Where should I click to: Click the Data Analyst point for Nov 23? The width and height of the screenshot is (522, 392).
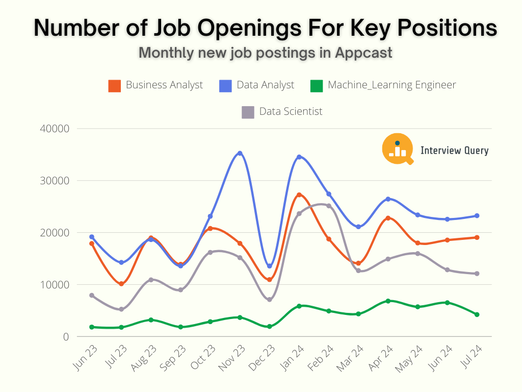tap(240, 153)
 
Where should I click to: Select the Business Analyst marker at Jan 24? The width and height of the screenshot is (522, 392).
tap(299, 195)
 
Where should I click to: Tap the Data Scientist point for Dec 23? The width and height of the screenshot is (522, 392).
tap(270, 300)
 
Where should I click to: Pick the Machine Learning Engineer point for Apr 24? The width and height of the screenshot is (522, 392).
tap(388, 301)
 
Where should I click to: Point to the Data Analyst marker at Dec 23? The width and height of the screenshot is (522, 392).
tap(270, 266)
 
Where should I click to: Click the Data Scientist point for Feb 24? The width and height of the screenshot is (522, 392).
tap(329, 206)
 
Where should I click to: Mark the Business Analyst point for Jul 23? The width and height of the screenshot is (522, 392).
tap(121, 284)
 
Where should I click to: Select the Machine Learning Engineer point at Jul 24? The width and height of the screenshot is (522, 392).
tap(477, 314)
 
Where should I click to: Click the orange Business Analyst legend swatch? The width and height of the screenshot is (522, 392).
tap(115, 86)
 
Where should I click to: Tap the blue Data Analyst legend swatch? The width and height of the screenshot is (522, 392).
tap(225, 86)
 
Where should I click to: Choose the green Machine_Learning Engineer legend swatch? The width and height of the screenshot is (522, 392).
tap(317, 86)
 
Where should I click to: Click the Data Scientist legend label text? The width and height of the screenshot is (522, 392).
tap(291, 111)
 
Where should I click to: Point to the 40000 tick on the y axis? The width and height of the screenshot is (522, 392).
tap(54, 129)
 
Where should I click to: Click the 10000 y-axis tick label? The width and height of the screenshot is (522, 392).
tap(54, 285)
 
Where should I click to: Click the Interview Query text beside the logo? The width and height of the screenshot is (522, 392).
tap(454, 151)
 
